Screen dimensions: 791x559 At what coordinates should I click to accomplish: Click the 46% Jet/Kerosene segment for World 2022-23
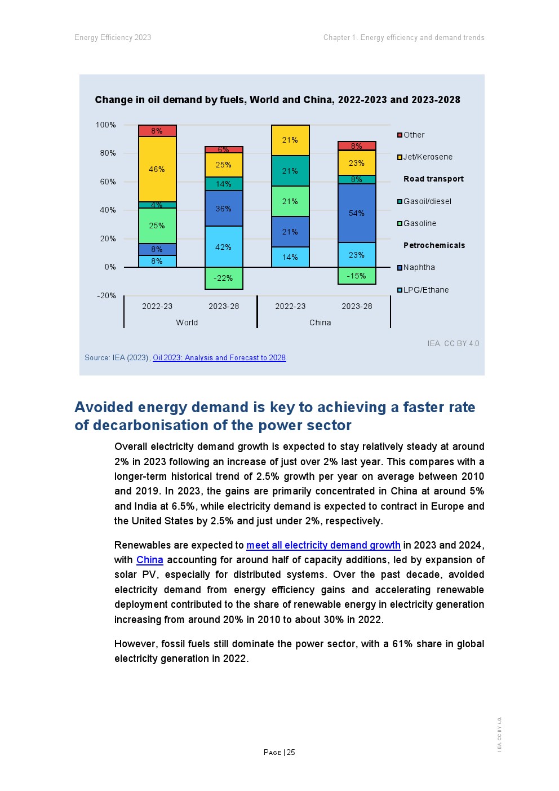[157, 169]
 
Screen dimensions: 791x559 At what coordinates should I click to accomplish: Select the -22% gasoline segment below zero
[224, 278]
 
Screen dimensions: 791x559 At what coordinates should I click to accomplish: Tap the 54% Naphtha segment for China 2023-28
[357, 213]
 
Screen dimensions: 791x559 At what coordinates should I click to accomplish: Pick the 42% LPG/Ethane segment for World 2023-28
[224, 247]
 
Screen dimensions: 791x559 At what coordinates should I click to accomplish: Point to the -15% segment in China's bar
[357, 276]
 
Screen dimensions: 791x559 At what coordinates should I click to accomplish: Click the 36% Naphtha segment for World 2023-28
[224, 209]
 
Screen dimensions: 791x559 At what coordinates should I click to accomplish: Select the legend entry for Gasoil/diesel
[427, 201]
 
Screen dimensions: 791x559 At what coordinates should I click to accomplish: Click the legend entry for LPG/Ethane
[426, 290]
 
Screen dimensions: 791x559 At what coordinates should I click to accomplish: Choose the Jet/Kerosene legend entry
[428, 157]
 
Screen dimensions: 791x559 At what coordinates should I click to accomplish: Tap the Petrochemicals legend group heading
[434, 245]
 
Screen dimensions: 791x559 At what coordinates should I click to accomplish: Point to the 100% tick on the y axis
[105, 125]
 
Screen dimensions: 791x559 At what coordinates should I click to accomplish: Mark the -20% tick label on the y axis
[106, 295]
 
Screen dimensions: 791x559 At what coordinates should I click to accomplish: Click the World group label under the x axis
[187, 322]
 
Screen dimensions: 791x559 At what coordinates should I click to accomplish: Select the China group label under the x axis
[320, 322]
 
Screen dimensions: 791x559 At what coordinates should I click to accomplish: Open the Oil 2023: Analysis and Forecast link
[219, 357]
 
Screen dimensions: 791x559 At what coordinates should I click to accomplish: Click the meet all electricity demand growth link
[323, 545]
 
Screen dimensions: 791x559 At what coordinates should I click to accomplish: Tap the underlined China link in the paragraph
[150, 560]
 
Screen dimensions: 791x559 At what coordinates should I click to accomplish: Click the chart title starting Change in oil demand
[277, 100]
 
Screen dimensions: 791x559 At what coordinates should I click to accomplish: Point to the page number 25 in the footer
[291, 752]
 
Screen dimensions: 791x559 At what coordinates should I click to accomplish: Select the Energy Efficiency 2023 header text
[113, 38]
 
